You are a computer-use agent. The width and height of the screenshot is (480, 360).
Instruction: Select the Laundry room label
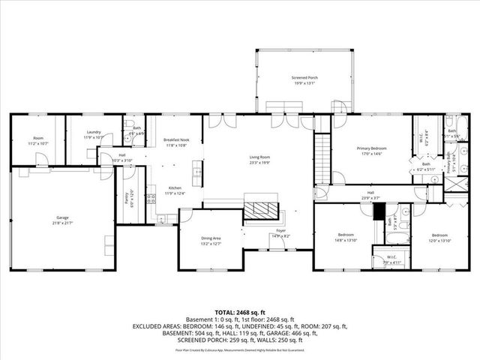[x=93, y=132]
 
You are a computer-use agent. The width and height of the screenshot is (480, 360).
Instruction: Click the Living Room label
[x=259, y=157]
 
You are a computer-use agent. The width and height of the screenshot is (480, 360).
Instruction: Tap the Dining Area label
[x=211, y=239]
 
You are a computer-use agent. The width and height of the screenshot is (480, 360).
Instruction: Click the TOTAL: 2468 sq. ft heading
[x=240, y=311]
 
